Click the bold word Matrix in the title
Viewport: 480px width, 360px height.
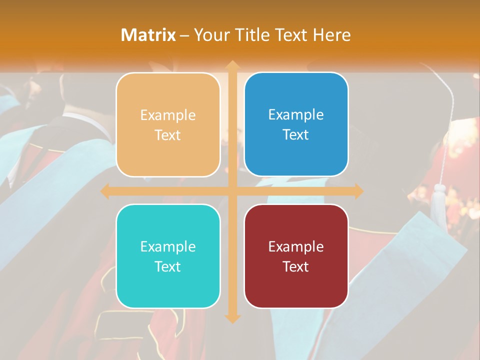(148, 35)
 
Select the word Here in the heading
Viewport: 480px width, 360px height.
(332, 35)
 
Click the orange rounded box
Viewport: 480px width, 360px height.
(168, 124)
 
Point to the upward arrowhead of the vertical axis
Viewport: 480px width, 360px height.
(232, 65)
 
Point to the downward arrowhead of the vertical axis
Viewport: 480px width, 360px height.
(232, 318)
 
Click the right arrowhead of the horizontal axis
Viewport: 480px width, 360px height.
(358, 191)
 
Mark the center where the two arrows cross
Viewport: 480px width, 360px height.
(232, 191)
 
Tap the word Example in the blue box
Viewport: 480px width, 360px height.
(296, 115)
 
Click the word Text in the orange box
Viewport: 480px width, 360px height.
(168, 135)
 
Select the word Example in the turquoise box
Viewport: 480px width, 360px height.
(168, 246)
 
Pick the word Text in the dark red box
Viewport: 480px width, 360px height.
(296, 266)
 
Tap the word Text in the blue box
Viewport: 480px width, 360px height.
(296, 135)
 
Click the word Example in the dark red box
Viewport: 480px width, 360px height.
(296, 246)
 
